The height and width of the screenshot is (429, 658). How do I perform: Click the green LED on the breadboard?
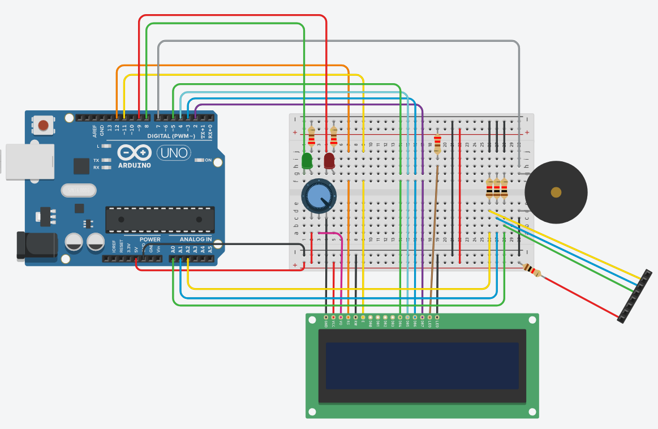coord(307,161)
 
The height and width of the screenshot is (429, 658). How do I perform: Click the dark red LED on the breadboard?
coord(329,161)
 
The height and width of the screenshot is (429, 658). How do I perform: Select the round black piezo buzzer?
coord(556,192)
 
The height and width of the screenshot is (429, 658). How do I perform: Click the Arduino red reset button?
coord(43,125)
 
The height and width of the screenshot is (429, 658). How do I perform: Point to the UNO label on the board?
coord(173,152)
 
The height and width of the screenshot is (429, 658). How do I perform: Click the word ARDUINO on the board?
coord(135,165)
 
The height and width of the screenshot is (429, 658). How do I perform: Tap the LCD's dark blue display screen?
coord(422,366)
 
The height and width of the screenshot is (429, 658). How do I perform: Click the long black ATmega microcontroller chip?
coord(160,220)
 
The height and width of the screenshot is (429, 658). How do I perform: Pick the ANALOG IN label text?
coord(196,239)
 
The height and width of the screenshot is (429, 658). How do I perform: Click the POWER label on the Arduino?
coord(150,239)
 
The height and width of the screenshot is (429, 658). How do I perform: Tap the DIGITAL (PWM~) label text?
coord(171,136)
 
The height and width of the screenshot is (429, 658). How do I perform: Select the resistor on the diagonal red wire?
coord(531,271)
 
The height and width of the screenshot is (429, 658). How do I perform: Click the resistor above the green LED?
coord(311,136)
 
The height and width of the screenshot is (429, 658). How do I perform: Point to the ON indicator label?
coord(208,160)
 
